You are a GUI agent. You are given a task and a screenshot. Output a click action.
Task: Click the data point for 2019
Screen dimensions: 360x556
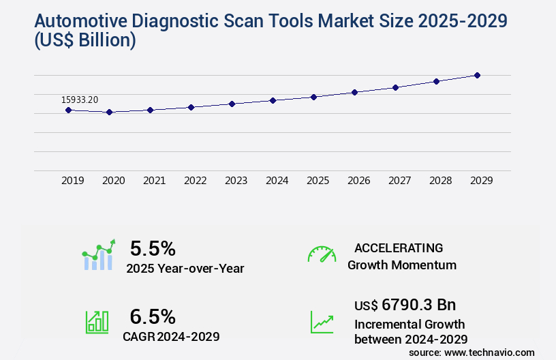(68, 110)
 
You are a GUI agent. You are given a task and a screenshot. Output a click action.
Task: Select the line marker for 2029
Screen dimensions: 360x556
(477, 75)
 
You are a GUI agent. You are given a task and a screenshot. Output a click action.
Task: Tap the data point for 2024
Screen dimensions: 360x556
(273, 100)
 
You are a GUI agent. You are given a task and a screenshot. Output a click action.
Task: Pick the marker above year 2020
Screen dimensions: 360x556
(109, 112)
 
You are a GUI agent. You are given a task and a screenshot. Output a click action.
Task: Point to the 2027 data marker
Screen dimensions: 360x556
(395, 87)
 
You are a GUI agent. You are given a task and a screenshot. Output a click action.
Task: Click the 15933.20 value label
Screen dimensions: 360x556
(80, 100)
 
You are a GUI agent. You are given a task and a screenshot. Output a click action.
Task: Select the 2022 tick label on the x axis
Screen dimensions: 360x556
(195, 181)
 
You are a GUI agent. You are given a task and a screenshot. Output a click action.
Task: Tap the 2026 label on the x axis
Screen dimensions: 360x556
(358, 181)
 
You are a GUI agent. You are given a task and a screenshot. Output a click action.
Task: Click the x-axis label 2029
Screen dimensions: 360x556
(481, 181)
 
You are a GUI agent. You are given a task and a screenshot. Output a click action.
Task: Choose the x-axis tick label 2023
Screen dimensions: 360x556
(236, 181)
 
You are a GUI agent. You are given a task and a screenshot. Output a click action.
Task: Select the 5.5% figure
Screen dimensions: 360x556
(153, 247)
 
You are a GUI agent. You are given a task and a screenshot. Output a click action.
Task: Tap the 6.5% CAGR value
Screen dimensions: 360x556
(153, 316)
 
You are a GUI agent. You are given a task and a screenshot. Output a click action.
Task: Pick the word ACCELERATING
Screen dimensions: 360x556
(399, 247)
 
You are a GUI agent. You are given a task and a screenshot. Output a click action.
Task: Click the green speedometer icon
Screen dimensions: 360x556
(322, 254)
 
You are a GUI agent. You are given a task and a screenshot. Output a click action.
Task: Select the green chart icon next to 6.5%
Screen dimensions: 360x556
(97, 322)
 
